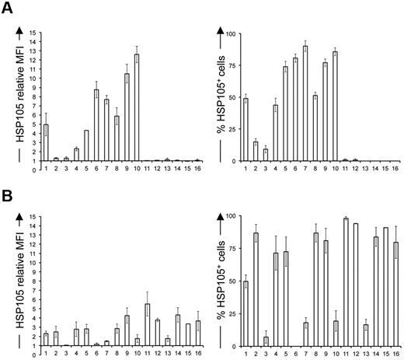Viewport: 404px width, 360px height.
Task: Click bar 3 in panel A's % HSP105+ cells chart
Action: point(265,155)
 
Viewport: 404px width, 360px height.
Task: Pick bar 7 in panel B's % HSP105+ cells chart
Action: point(305,334)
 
